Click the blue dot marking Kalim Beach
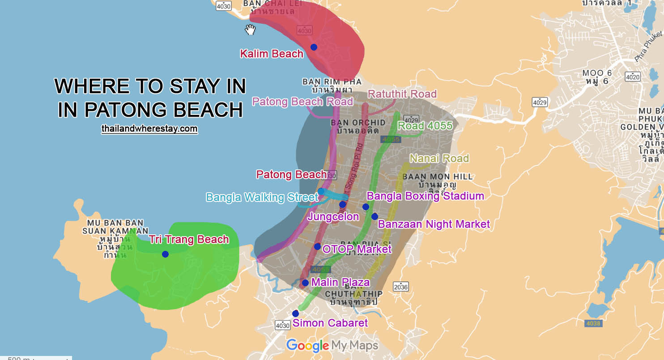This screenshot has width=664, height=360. (x=314, y=47)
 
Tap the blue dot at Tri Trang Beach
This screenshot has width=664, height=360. (x=165, y=254)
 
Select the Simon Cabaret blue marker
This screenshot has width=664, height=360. (x=295, y=313)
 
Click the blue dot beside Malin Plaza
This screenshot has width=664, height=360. (x=305, y=283)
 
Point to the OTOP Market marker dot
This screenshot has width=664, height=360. (x=317, y=246)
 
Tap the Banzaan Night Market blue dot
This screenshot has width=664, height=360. (x=375, y=216)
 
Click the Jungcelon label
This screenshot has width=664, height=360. (x=333, y=217)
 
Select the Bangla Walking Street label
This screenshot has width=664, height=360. (x=262, y=197)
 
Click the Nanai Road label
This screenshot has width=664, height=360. (x=439, y=158)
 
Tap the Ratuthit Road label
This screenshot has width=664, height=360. (x=402, y=94)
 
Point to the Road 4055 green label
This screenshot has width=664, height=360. (x=425, y=126)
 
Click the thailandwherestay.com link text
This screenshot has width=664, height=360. (x=149, y=129)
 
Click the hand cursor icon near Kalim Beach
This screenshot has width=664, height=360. (x=250, y=30)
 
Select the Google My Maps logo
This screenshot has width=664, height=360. (x=332, y=345)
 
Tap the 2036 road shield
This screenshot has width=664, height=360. (x=401, y=287)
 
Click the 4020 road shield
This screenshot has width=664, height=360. (x=633, y=77)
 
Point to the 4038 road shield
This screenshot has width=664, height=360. (x=592, y=323)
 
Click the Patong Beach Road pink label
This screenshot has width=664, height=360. (x=302, y=102)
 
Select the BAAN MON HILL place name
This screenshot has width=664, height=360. (x=437, y=177)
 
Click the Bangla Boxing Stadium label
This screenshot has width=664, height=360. (x=425, y=196)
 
